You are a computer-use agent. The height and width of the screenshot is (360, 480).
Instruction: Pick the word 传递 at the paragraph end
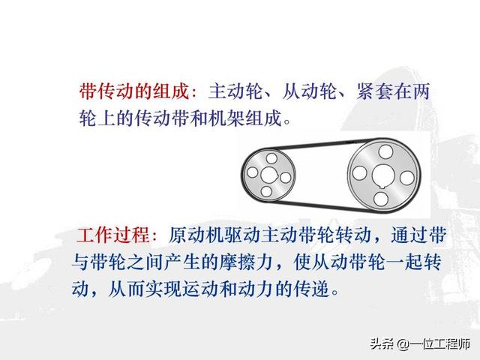click(x=314, y=287)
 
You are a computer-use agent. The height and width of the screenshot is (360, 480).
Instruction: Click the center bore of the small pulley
click(x=268, y=175)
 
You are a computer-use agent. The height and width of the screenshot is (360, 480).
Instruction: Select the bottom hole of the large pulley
click(x=382, y=198)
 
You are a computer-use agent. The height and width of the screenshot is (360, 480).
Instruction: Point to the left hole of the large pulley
click(x=360, y=173)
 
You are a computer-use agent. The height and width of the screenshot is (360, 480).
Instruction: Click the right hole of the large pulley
click(x=406, y=177)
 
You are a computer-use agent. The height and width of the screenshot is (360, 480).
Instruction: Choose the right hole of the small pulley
click(x=284, y=178)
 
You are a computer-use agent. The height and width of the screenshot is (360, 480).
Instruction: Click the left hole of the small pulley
click(x=251, y=174)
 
